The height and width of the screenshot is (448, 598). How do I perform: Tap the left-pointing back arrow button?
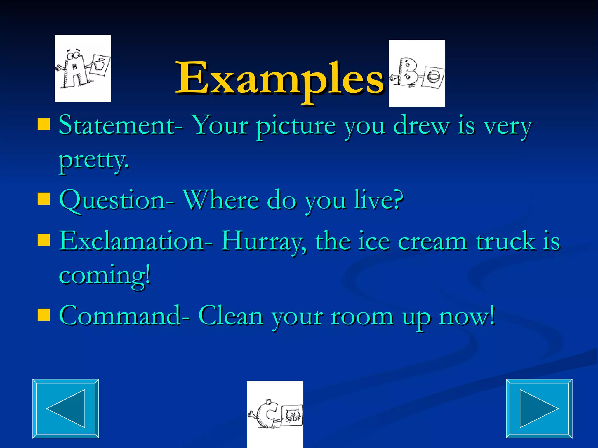tap(66, 408)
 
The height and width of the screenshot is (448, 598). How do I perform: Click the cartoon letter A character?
tap(73, 70)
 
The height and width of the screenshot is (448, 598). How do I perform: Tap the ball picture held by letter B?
tap(432, 77)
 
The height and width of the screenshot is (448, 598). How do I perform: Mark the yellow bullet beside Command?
tap(44, 315)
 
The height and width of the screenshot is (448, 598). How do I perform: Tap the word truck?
tap(505, 242)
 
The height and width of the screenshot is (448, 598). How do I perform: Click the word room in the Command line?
tap(362, 317)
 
